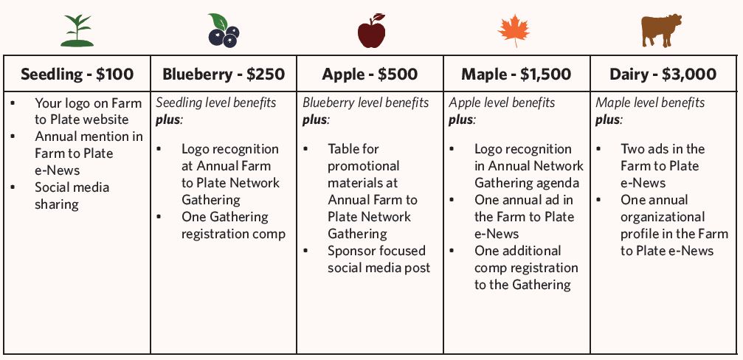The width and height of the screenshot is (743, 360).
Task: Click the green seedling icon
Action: [77, 31]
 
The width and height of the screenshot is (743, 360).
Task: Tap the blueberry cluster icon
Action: [224, 30]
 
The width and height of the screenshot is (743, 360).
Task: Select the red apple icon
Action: [372, 31]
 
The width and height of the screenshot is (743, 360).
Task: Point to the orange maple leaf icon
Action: [514, 31]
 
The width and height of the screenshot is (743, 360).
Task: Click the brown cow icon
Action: [662, 31]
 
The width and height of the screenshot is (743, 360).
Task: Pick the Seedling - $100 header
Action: [77, 74]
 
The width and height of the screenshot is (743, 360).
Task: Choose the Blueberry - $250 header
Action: [224, 74]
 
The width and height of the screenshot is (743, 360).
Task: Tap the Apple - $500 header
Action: [370, 74]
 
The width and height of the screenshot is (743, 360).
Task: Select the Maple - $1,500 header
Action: [516, 74]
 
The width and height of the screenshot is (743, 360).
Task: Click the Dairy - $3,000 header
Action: [663, 74]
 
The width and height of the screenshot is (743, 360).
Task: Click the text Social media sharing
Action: [72, 195]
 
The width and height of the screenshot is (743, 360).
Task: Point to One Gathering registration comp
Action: [234, 226]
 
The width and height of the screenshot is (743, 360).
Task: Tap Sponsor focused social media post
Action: [379, 259]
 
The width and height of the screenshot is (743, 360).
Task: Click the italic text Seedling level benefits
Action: [216, 103]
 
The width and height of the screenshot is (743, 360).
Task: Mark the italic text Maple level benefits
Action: [650, 103]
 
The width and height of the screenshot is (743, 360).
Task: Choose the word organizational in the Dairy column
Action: [663, 218]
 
